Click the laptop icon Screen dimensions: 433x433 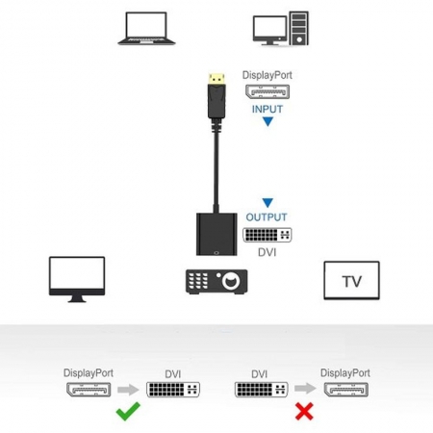coord(146,28)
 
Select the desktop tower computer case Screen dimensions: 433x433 coord(298,28)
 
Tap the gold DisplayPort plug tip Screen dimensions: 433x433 coord(216,79)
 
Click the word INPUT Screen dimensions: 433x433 coord(267,109)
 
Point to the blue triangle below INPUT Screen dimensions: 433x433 coord(267,121)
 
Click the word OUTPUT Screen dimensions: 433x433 coord(267,217)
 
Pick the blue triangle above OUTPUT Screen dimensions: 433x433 coord(267,202)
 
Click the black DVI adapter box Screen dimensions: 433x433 coord(216,234)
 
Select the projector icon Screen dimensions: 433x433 coord(216,282)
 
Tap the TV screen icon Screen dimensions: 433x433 coord(351,280)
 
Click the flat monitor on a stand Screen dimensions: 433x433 coord(77,279)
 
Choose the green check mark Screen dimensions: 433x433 coord(128,411)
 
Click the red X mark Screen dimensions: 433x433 coord(304,411)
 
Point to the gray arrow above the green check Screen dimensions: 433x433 coord(128,390)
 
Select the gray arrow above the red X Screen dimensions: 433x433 coord(305,389)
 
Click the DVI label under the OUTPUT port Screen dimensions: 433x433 coord(267,252)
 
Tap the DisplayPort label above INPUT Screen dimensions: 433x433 coord(267,75)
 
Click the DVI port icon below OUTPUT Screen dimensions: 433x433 coord(267,235)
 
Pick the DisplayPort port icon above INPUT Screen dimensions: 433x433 coord(267,91)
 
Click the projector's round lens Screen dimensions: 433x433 coord(231,281)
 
